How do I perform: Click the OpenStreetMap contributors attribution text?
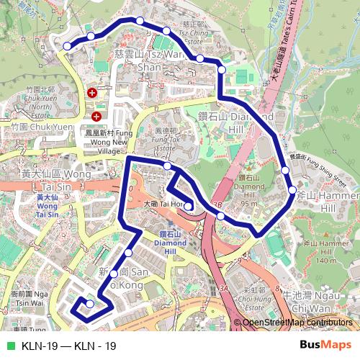click(297, 323)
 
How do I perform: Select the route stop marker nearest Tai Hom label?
click(188, 207)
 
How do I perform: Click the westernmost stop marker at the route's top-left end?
click(67, 45)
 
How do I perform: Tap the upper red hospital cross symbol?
click(92, 93)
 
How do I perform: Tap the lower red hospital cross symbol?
click(96, 116)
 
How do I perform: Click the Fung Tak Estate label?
click(166, 138)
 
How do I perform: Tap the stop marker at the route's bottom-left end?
click(89, 304)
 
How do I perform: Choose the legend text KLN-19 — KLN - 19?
click(69, 346)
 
